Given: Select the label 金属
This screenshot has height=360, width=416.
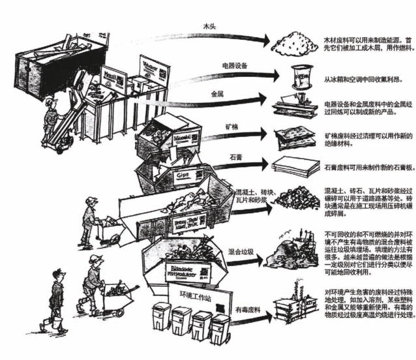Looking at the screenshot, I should pyautogui.click(x=218, y=94).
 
